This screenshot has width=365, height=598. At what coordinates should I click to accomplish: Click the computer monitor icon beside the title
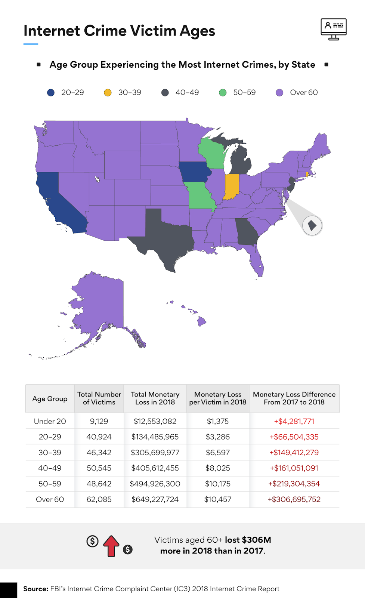click(x=334, y=29)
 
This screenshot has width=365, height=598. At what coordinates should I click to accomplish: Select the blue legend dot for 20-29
click(x=51, y=93)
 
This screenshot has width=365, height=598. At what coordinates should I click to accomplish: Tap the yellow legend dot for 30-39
click(x=108, y=93)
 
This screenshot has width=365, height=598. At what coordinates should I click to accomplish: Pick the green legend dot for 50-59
click(x=223, y=93)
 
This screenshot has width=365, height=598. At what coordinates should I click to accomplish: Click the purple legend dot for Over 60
click(x=279, y=93)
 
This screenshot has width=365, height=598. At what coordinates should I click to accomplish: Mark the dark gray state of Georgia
click(x=247, y=231)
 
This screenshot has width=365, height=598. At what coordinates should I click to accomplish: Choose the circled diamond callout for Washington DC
click(x=312, y=226)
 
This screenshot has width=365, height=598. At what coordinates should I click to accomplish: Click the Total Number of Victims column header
click(x=99, y=398)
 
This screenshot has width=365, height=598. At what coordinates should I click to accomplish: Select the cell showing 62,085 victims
click(x=99, y=499)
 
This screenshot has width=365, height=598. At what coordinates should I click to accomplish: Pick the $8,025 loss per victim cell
click(x=218, y=468)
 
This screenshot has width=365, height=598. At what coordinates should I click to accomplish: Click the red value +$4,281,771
click(x=294, y=421)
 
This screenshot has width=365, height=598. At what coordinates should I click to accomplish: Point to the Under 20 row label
click(x=50, y=421)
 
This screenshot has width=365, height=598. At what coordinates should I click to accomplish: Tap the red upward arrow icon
click(x=111, y=546)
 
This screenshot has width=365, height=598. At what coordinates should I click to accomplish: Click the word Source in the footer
click(x=36, y=589)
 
